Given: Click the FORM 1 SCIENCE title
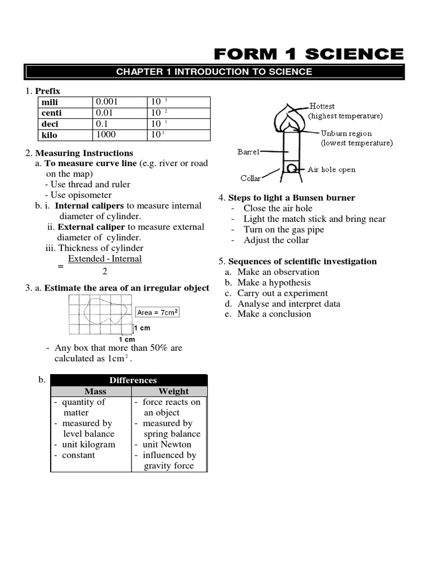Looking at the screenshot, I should coord(309,54).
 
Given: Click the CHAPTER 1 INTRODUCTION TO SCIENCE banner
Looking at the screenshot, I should coord(214,72).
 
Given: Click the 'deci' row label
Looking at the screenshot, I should coord(50,124).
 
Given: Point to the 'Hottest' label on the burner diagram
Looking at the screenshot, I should coord(322,106).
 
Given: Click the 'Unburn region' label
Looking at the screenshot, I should coord(346,133).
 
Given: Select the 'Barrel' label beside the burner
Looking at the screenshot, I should coord(248,151).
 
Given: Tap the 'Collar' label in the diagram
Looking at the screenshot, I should coord(251,178).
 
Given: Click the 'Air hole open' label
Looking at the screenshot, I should coord(331,170).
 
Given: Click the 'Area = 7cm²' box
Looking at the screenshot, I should coord(157,313).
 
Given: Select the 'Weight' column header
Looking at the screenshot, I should coord(173,391).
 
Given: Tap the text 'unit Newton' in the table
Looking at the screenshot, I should coord(167,444).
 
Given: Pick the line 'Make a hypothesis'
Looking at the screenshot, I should coord(274,283).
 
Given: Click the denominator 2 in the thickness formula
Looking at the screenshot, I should coord(104,272).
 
